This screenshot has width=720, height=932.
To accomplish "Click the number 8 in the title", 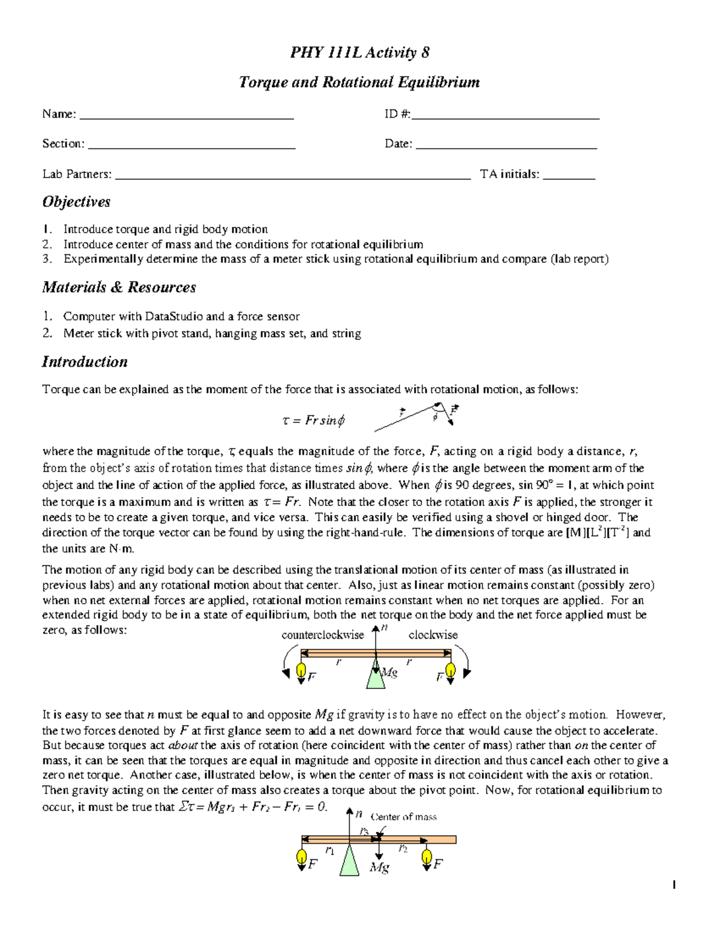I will (425, 53).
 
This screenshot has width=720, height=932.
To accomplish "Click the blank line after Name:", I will (187, 116).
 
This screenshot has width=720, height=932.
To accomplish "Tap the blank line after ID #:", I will (505, 116).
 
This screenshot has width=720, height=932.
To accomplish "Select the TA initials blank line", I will (568, 176).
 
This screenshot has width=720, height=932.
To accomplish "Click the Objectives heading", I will (76, 202).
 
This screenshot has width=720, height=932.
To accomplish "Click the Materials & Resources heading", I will (119, 287).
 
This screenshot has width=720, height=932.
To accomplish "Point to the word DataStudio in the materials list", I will (174, 316).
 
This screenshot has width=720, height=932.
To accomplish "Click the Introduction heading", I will (85, 362).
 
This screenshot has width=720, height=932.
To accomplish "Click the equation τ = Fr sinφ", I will (313, 421).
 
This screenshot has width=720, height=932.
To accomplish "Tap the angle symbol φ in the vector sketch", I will (436, 417).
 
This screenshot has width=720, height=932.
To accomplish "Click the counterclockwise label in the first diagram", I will (323, 635).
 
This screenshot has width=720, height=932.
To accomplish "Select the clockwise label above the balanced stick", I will (433, 635).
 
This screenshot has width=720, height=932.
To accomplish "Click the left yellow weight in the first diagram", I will (302, 670).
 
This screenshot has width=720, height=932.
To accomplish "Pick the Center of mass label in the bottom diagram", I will (403, 817).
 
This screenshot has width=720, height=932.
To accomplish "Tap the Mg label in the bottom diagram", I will (379, 867).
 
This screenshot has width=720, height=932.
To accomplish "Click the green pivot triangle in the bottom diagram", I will (349, 862).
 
